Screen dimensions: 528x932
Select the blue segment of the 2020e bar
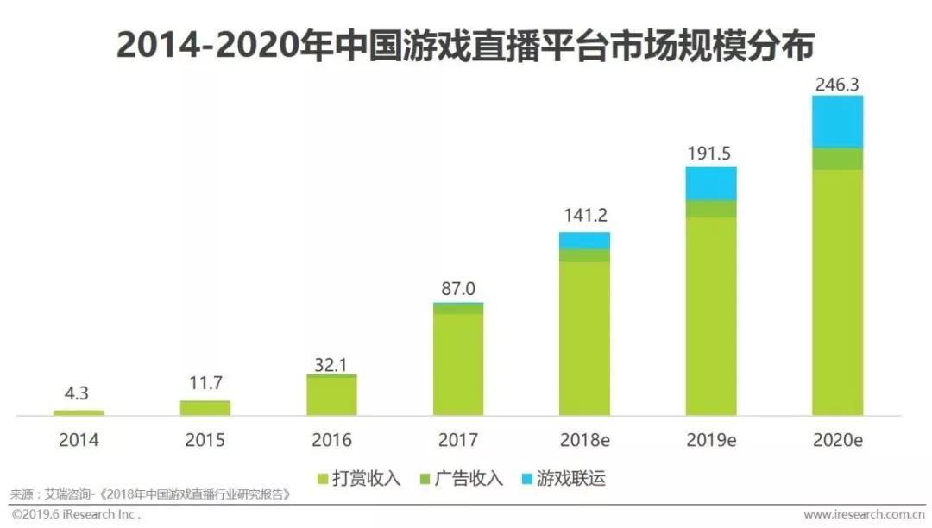click(x=837, y=122)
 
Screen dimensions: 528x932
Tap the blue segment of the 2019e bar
click(x=711, y=183)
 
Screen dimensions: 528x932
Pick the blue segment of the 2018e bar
click(x=584, y=240)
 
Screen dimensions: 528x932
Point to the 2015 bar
click(x=205, y=407)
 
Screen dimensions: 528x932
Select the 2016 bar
click(x=331, y=395)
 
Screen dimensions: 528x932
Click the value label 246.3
click(x=837, y=84)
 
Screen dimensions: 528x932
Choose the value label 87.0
click(x=457, y=289)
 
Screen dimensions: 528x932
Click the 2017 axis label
click(x=457, y=440)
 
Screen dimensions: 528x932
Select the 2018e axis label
click(x=584, y=440)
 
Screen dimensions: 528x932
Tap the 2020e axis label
click(x=837, y=440)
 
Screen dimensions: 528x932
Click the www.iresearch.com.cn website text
click(x=864, y=515)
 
